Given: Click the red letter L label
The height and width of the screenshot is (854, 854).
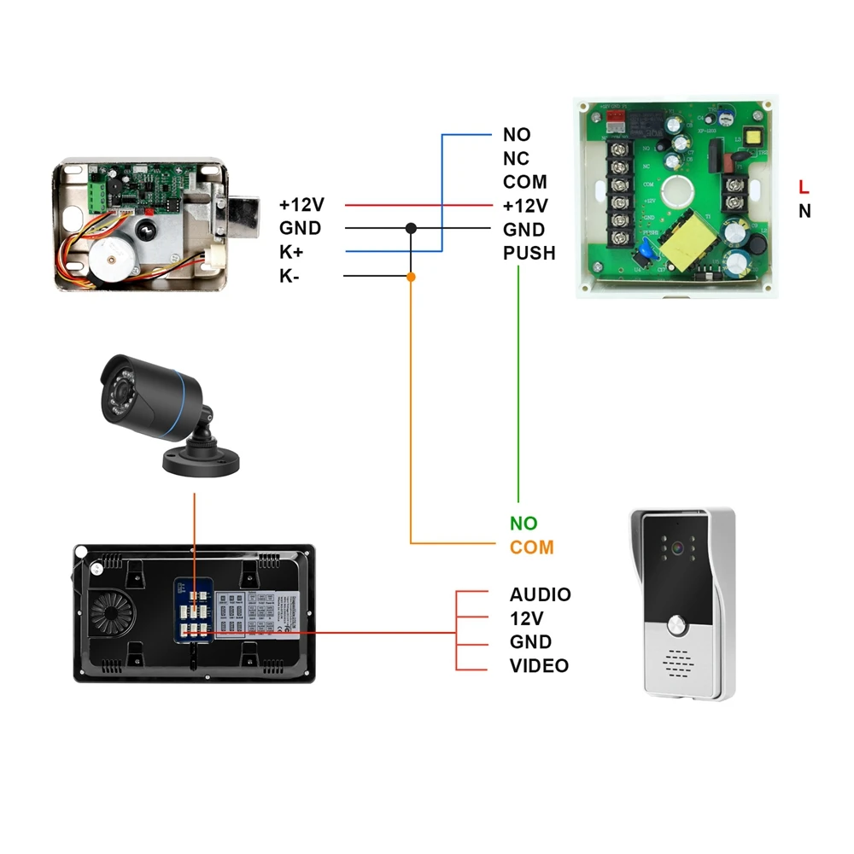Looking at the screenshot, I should (804, 186).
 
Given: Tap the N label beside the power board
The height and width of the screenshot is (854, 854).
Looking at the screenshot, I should (804, 211).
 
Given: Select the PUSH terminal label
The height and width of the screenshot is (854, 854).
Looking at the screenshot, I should (529, 253).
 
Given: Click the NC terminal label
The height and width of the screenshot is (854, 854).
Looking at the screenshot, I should (516, 159).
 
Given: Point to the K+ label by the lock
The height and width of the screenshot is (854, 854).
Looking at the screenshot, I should (291, 252).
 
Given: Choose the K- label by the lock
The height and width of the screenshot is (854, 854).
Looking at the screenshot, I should (290, 276).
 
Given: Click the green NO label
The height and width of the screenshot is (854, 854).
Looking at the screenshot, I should (524, 524).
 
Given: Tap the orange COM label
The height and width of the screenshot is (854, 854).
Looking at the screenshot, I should (532, 547).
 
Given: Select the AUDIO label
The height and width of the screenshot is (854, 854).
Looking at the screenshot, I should (541, 594).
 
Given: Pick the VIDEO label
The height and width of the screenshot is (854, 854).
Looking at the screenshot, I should (539, 666).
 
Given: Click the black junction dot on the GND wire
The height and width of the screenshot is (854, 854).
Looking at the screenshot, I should (411, 228).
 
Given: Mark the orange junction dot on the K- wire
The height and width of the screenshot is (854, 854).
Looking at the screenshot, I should (411, 276).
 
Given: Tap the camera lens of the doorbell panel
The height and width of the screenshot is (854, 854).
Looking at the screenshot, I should (678, 548).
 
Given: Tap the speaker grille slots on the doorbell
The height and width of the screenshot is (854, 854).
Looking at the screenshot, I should (678, 662).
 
